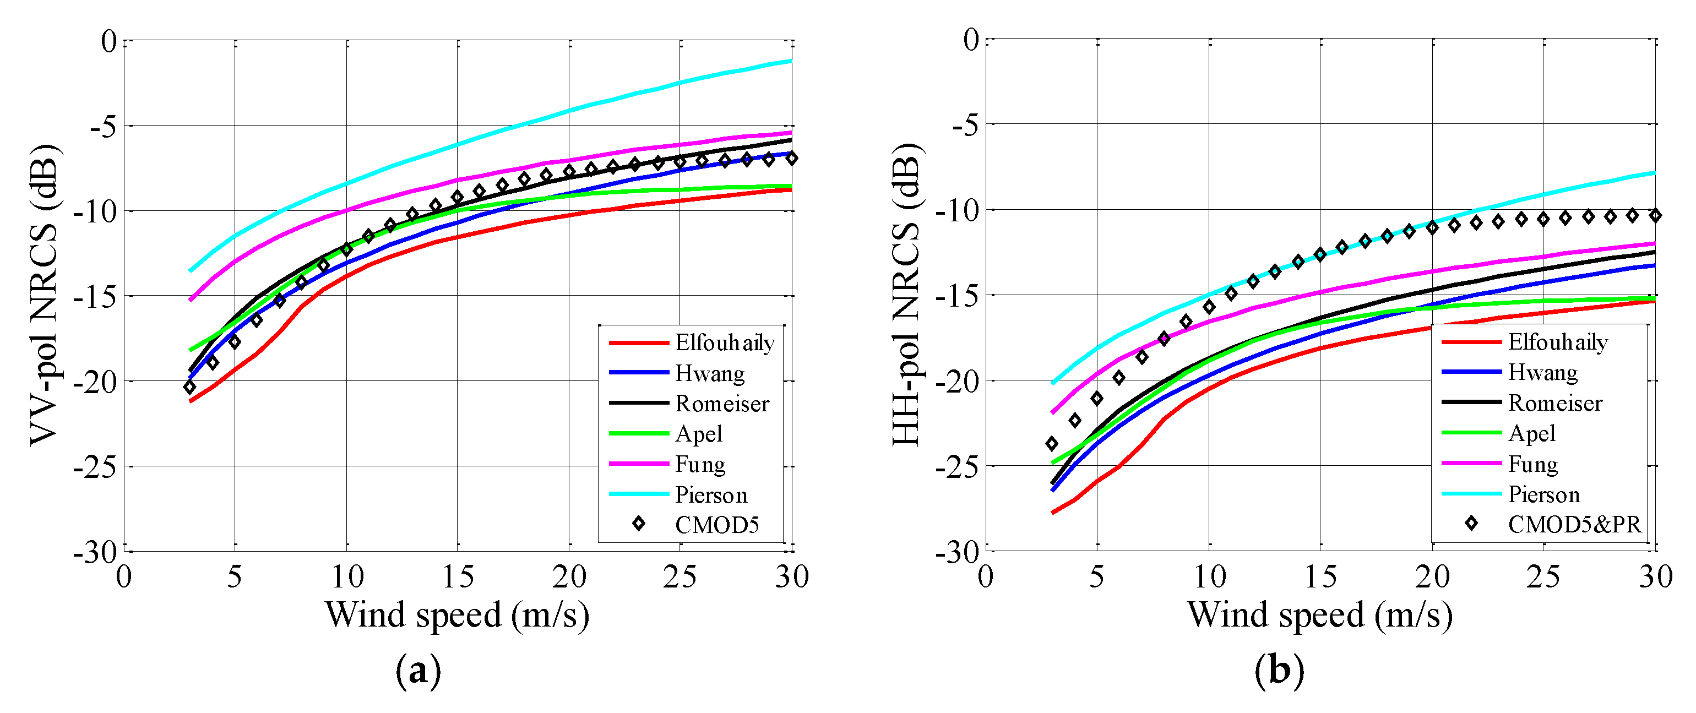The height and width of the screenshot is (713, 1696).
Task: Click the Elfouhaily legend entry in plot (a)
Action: coord(724,343)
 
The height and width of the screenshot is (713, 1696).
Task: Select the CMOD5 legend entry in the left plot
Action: coord(716,525)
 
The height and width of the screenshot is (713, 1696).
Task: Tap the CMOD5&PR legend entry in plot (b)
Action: coord(1574,524)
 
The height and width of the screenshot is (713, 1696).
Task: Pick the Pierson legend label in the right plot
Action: coord(1544,494)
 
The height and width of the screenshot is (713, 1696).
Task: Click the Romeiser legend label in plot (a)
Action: coord(722,404)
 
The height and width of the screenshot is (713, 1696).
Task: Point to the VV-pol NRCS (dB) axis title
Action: coord(45,295)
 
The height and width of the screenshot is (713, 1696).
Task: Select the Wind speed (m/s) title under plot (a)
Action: coord(457,615)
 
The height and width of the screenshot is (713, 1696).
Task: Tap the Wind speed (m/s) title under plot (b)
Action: coord(1319,615)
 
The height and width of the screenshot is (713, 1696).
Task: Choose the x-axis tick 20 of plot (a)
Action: coord(569,578)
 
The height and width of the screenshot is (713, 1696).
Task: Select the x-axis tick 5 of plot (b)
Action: coord(1097,578)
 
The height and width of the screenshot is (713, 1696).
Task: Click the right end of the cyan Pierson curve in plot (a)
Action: coord(791,61)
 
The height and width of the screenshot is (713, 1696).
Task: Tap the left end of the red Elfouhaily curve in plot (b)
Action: coord(1053,512)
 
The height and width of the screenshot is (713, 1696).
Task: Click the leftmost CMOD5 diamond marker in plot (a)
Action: coord(189,387)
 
